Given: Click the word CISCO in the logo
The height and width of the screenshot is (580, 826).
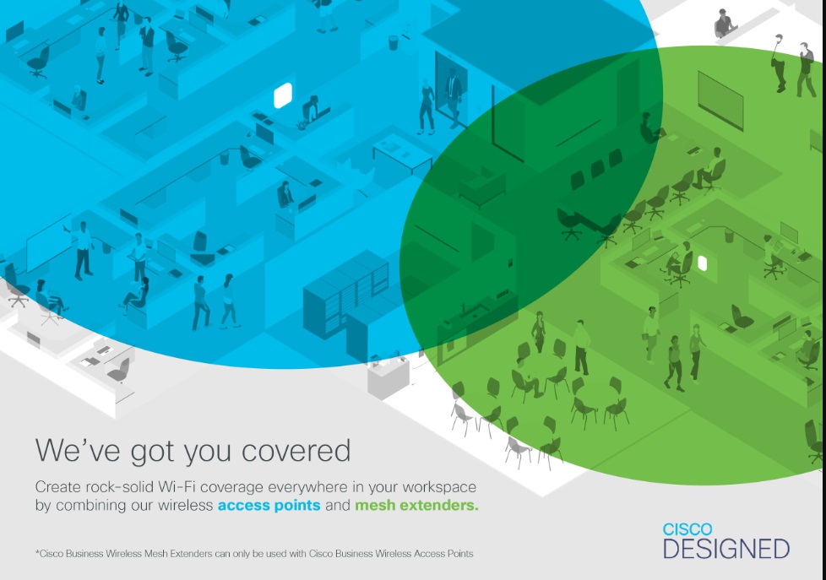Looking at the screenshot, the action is (x=687, y=529).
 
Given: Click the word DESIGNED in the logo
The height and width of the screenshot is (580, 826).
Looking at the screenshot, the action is (x=725, y=550).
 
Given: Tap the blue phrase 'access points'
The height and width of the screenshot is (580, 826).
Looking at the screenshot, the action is (x=269, y=506).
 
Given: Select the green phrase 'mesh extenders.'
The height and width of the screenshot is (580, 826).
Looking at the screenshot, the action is (x=416, y=505).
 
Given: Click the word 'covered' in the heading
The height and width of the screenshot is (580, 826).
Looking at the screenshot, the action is (x=296, y=452).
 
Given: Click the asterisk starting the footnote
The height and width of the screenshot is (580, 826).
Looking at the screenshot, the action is (x=37, y=552).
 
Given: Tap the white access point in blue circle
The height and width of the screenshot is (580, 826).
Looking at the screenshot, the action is (x=283, y=95).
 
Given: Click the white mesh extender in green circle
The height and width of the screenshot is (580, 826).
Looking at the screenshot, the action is (x=702, y=263).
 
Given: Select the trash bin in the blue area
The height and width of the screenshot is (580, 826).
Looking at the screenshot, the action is (x=394, y=43).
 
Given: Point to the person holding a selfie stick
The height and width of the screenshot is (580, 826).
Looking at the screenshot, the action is (x=778, y=63).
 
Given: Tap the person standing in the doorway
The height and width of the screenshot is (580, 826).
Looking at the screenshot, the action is (x=452, y=98).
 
